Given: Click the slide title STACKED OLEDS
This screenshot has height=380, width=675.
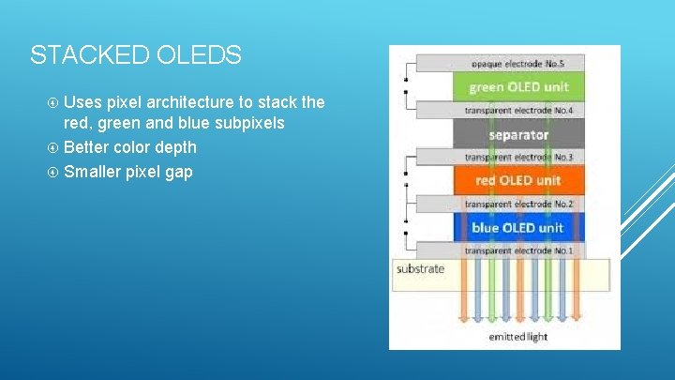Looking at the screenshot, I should [x=135, y=55].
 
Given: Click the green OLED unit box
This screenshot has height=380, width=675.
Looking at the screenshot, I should [x=517, y=87].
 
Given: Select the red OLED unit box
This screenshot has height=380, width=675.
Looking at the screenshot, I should [x=517, y=180].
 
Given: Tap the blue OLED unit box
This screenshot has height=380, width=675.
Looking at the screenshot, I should [x=517, y=227].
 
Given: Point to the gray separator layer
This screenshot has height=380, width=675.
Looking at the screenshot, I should [x=517, y=134].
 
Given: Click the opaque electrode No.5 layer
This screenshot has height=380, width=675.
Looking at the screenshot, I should [x=517, y=64].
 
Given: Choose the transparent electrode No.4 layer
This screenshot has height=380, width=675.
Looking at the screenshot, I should [x=517, y=111].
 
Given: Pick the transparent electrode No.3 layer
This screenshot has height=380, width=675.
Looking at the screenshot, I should [x=517, y=157].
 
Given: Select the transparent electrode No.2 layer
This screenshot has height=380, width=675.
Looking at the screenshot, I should [x=517, y=204].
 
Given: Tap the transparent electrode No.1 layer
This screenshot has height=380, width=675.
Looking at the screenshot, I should [x=517, y=251].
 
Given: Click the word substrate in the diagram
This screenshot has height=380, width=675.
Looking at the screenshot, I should [x=420, y=269].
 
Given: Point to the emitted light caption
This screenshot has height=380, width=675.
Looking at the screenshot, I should [x=519, y=335].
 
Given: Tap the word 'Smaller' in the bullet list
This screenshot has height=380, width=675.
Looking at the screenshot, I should [x=94, y=172].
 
